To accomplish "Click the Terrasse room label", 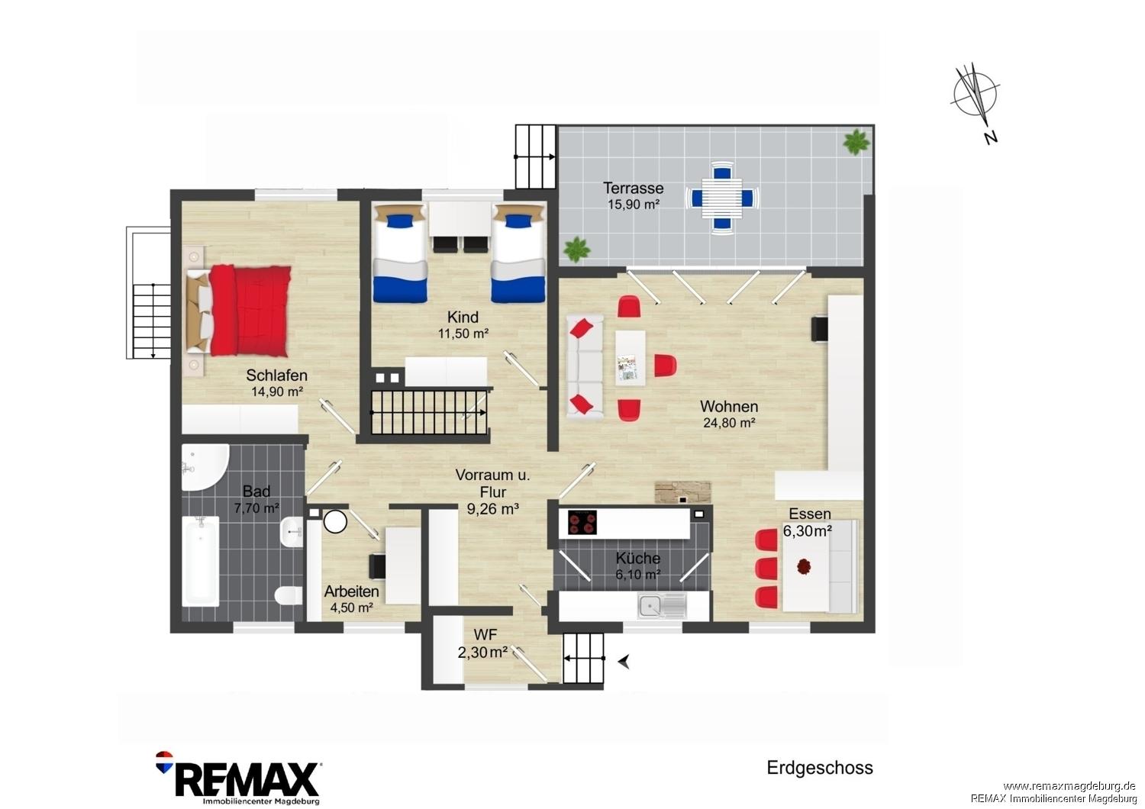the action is point(634,188).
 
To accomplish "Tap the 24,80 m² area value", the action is point(730,423).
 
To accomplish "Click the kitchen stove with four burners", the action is point(582,523).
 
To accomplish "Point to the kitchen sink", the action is point(662,606).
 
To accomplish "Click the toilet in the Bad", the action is point(288,596).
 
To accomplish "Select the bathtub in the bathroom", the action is point(200,561).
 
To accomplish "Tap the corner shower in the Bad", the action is point(205,467).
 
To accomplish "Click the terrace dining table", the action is point(722,197).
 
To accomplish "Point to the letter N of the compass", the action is point(991,137).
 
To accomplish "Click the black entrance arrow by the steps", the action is point(624,662).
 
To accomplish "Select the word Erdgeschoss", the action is point(820,768).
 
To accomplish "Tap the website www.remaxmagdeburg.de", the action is point(1069,787).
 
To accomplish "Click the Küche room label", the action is point(638,558).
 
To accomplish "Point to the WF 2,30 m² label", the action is point(483,643).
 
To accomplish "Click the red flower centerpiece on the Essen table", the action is point(804,566).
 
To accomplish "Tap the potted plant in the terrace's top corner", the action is point(856,142).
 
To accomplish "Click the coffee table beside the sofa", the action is point(630,359).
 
